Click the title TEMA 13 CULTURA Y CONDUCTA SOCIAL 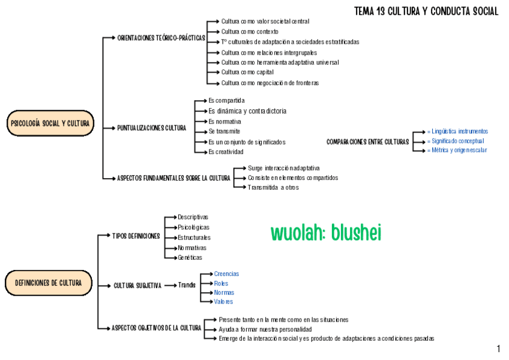tap(426, 11)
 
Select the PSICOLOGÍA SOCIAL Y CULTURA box tap(50, 124)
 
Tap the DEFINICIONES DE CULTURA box tap(49, 283)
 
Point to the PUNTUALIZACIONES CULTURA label tap(152, 128)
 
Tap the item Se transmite tap(224, 131)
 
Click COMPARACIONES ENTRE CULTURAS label tap(367, 142)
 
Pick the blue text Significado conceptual tap(457, 141)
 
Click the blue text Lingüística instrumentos tap(459, 131)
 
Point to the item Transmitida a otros tap(273, 187)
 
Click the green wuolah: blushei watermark tap(326, 233)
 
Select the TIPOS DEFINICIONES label tap(136, 236)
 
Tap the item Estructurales tap(194, 238)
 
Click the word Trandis tap(187, 285)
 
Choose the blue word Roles tap(221, 283)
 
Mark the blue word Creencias tap(226, 274)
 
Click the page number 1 tap(499, 349)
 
